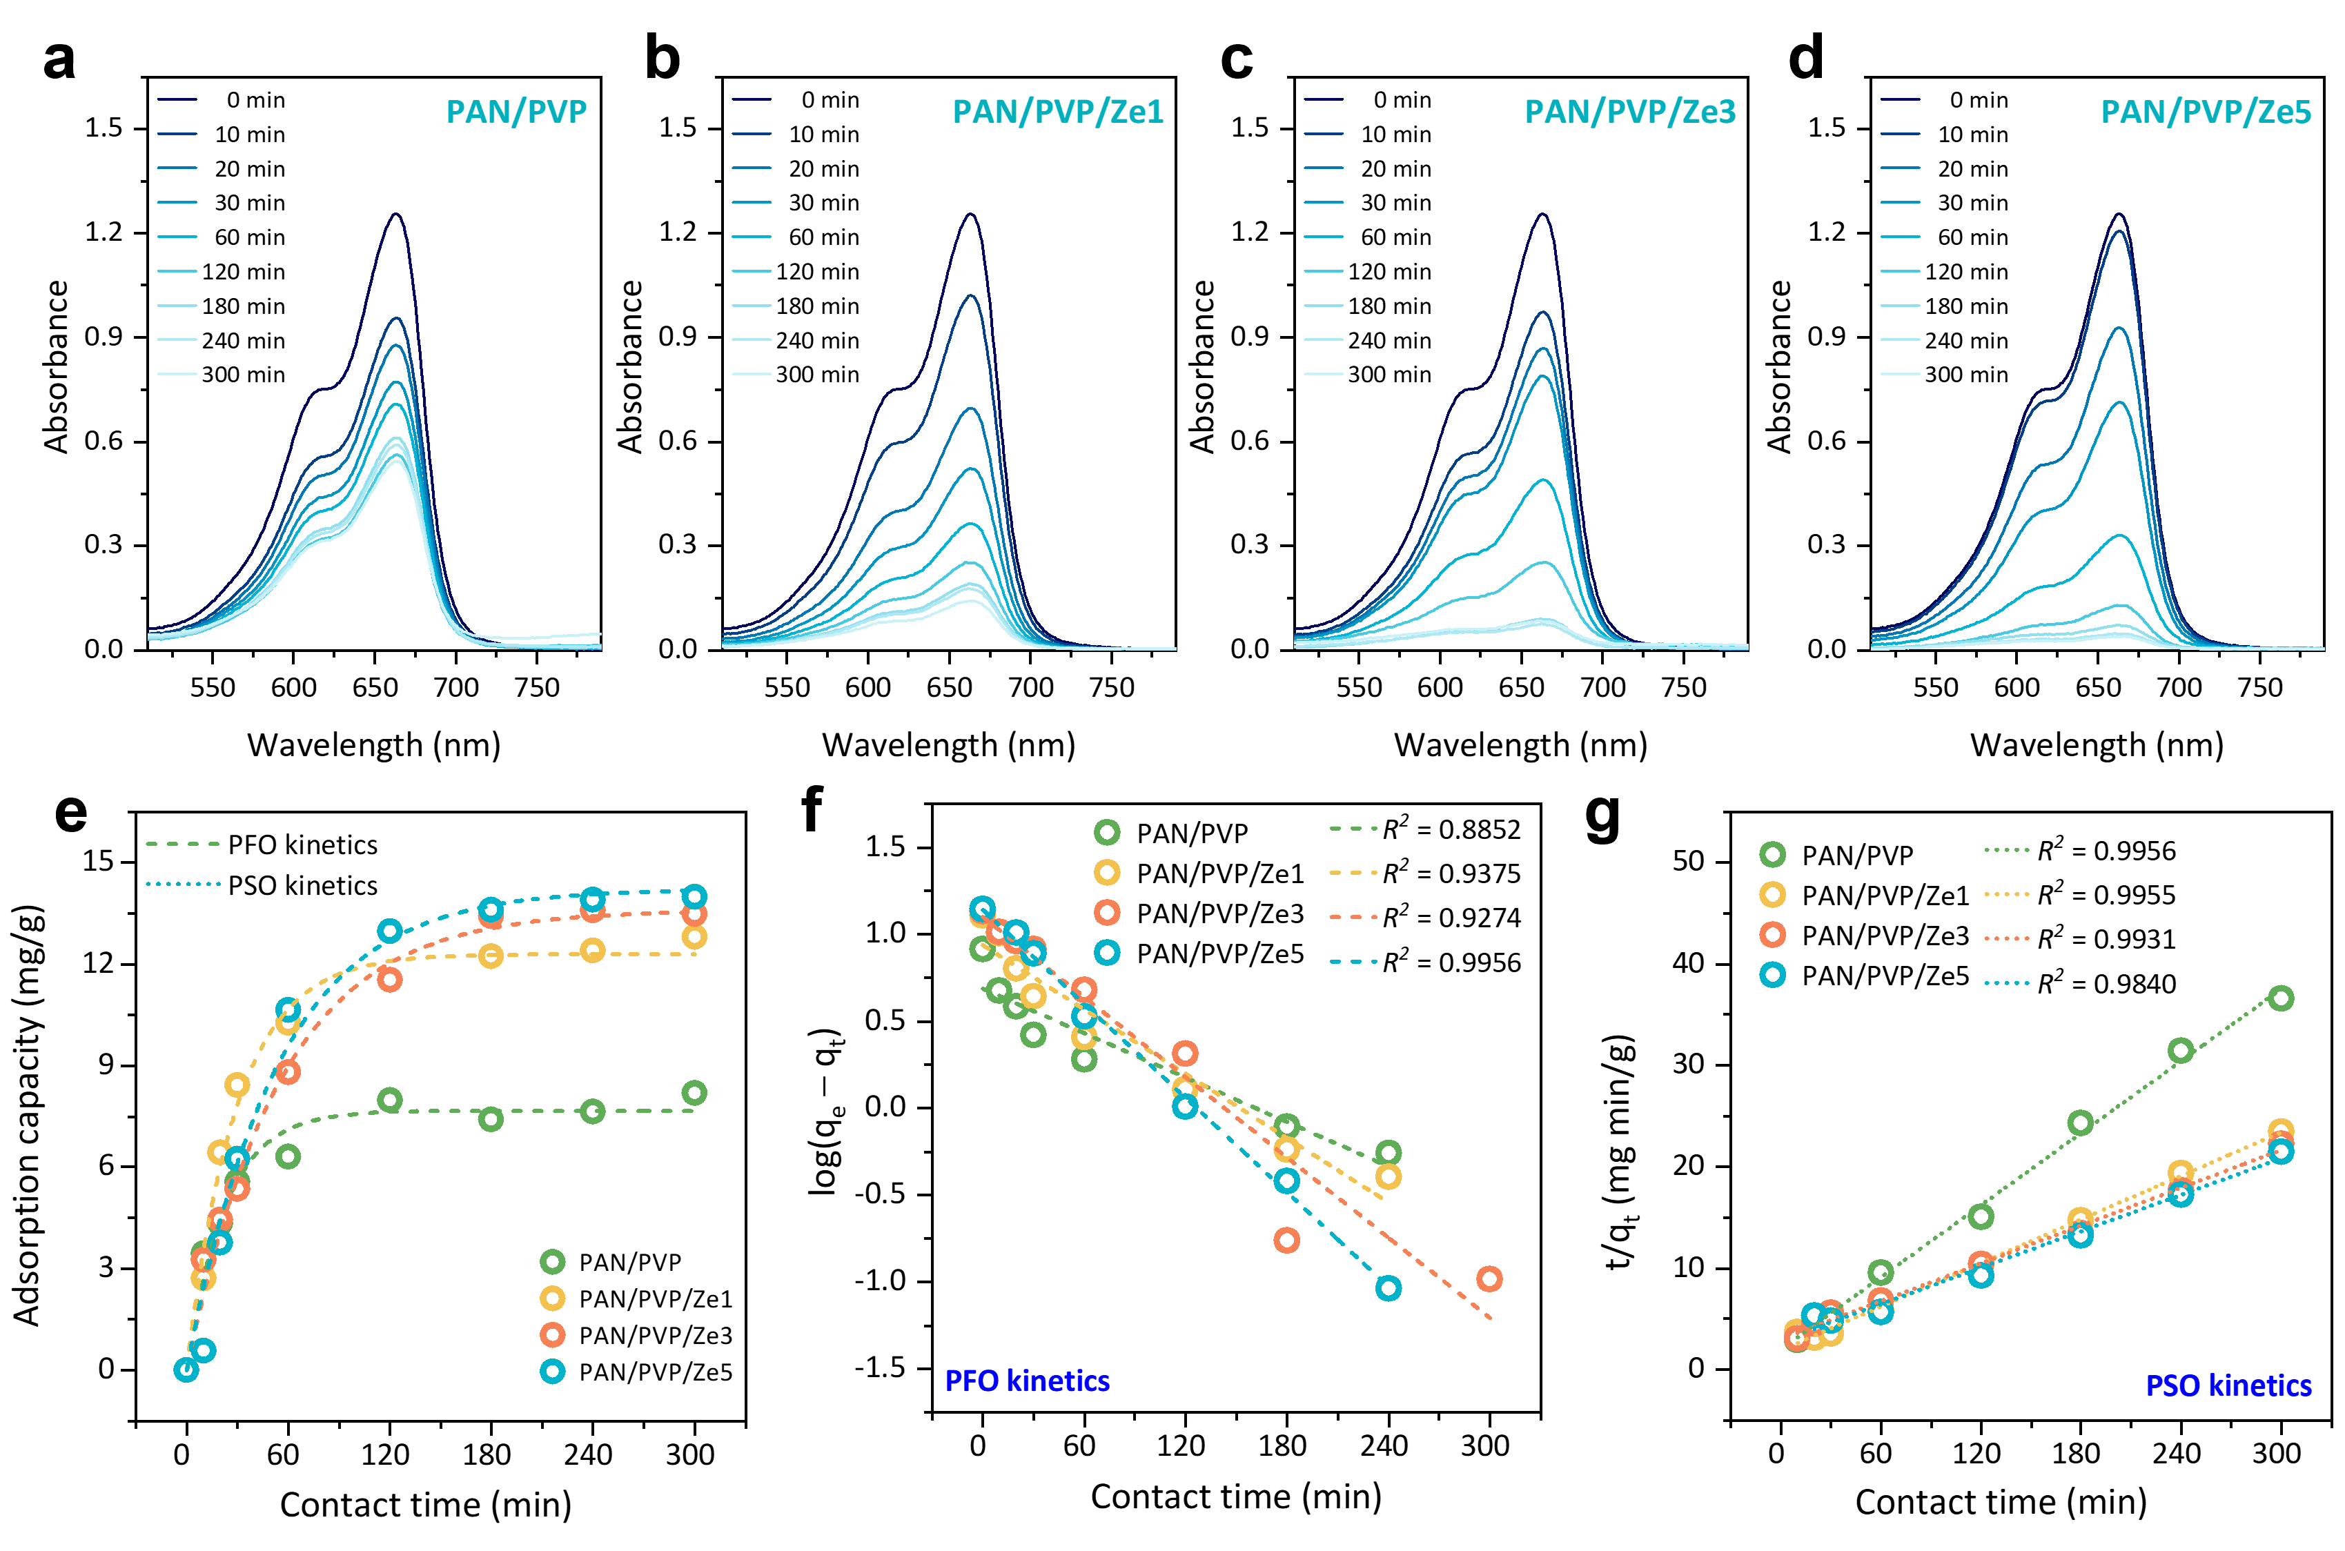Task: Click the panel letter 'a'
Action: coord(59,59)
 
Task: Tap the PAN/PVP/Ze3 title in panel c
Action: coord(1629,112)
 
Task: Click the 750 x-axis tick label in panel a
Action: coord(538,687)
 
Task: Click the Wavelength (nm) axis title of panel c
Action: coord(1521,745)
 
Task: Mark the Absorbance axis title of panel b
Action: coord(630,366)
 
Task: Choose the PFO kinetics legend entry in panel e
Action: coord(262,844)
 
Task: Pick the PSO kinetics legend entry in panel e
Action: coord(262,885)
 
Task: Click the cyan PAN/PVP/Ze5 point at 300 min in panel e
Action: coord(694,896)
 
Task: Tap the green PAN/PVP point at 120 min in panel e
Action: coord(390,1100)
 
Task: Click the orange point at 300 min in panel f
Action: coord(1489,1279)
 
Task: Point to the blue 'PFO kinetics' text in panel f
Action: coord(1027,1381)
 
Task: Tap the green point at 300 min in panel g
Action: coord(2281,998)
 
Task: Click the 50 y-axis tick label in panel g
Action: coord(1688,860)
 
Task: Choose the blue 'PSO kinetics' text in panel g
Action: coord(2228,1386)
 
